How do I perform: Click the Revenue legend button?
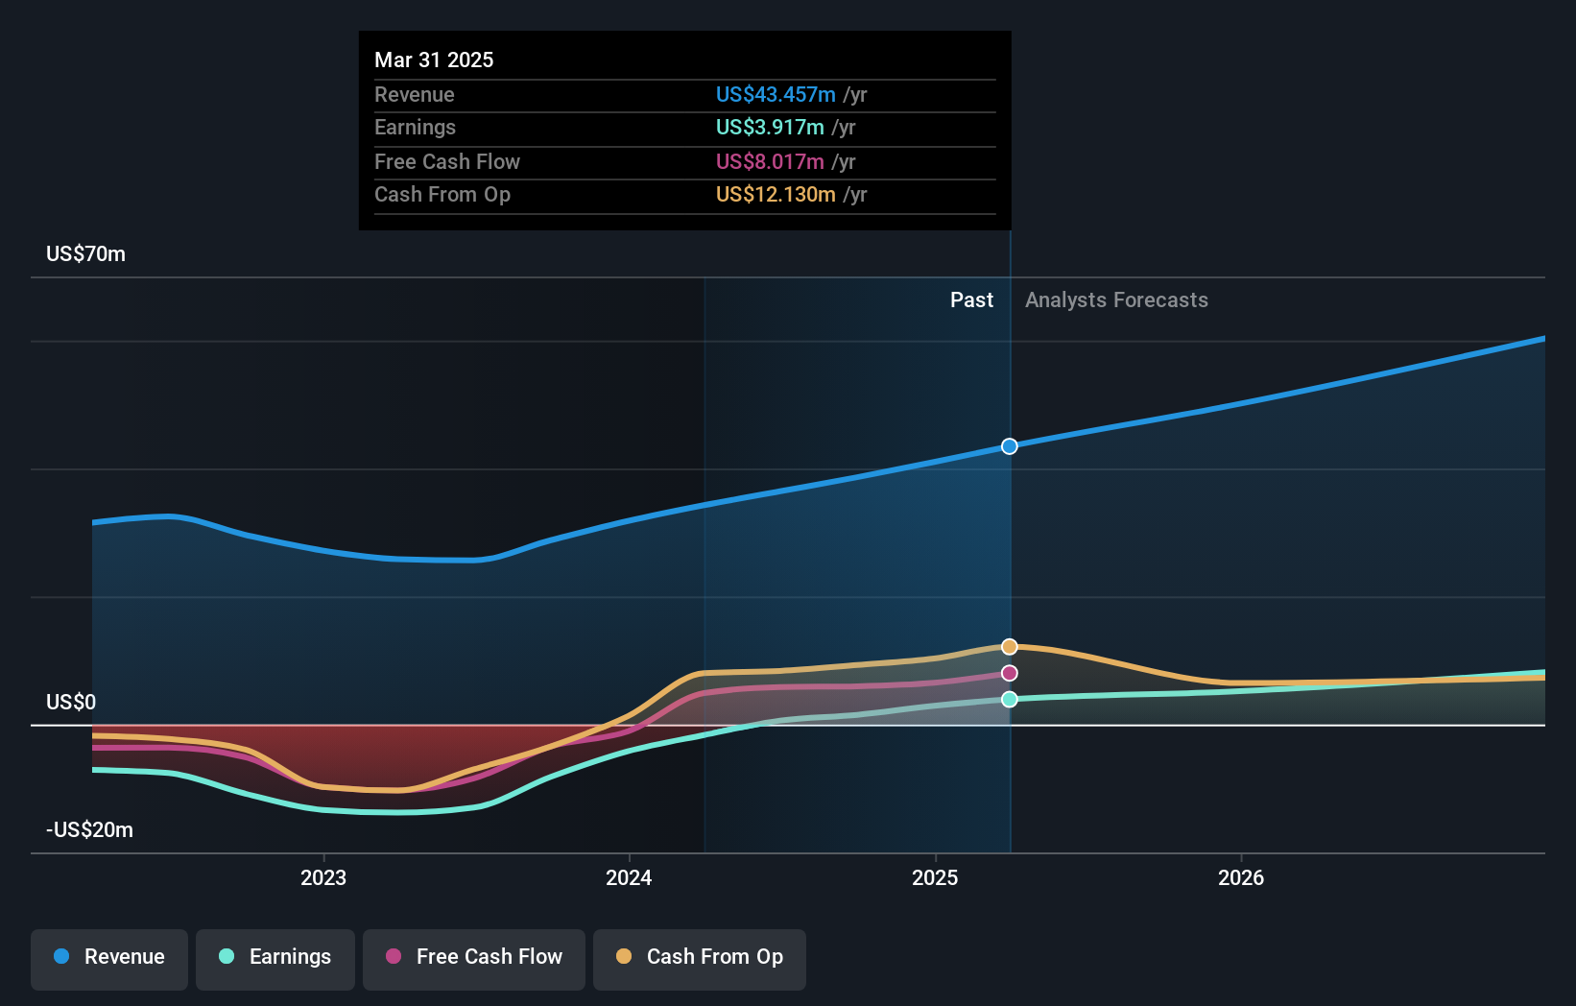click(109, 957)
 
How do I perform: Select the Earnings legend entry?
click(275, 957)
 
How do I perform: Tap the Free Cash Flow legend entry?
click(474, 957)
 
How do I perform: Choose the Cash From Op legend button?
click(700, 957)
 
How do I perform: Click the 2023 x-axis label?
click(323, 878)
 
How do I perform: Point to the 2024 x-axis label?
click(629, 878)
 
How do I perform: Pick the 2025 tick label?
click(935, 878)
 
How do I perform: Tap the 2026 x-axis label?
click(1241, 878)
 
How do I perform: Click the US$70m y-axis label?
click(86, 254)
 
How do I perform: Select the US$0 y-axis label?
click(71, 703)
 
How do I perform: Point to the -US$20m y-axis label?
click(90, 830)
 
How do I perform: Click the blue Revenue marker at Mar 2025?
click(1010, 446)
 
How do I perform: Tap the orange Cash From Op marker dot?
click(1010, 647)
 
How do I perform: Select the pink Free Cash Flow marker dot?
click(1010, 674)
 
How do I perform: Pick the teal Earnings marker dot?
click(1010, 700)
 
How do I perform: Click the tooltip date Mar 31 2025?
click(434, 60)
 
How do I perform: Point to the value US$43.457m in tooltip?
click(776, 95)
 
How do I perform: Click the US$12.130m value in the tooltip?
click(776, 195)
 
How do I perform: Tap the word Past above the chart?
click(971, 300)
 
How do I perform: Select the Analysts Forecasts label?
click(1116, 300)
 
